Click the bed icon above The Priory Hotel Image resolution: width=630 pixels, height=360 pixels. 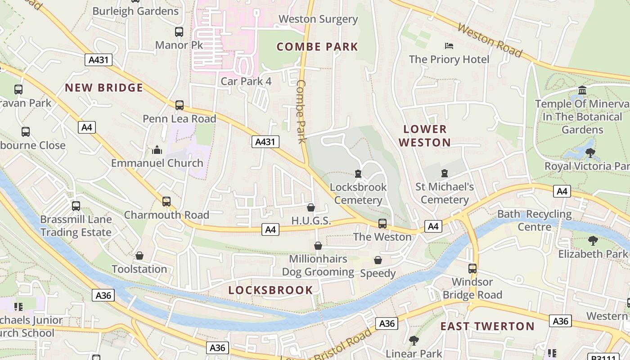point(449,45)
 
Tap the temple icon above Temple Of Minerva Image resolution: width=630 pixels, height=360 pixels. point(582,90)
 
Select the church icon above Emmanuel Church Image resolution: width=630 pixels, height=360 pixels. point(157,149)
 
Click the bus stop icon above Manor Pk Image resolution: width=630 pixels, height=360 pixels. point(179,32)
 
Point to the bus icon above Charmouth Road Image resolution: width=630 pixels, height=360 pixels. point(166,201)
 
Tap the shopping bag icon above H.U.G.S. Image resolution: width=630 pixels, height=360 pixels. point(310,207)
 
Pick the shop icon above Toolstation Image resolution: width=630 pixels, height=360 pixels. point(139,256)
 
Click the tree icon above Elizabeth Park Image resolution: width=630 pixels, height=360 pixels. point(593,241)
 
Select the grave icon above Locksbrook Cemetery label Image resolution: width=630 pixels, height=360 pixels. point(358,173)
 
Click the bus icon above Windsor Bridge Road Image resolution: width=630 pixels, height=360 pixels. point(472,269)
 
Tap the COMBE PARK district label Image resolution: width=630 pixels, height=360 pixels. point(317,47)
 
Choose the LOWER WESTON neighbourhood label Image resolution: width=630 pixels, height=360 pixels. point(425,136)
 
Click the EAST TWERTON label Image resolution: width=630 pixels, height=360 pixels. point(487,326)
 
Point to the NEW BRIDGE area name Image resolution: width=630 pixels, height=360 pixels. point(104,88)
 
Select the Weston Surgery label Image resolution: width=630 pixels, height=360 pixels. point(318,19)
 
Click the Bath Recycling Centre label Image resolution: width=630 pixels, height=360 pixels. point(534,220)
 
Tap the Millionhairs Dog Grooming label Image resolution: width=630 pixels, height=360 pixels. point(318,265)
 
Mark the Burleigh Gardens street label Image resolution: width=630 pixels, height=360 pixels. point(135,11)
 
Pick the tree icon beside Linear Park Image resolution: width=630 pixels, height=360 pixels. point(414,341)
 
